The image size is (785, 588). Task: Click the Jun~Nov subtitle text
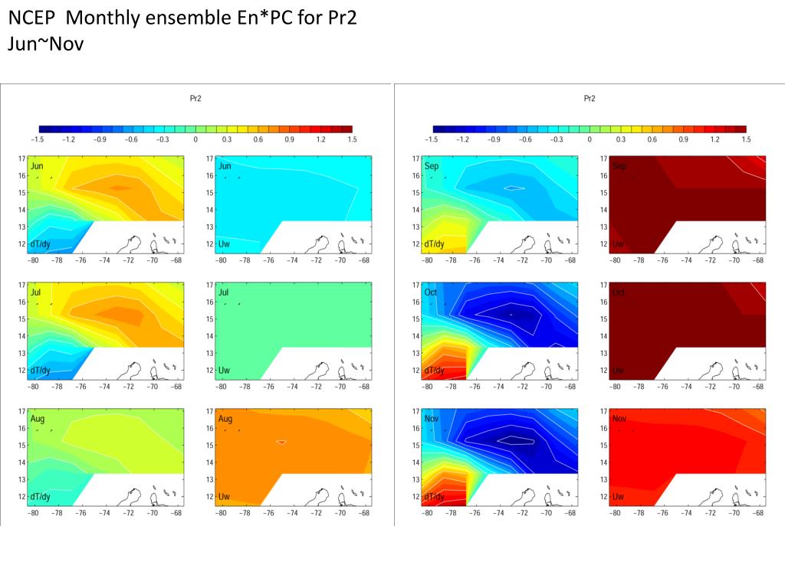tap(45, 44)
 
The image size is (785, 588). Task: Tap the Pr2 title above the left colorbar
tap(195, 98)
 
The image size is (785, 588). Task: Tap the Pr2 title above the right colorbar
tap(590, 98)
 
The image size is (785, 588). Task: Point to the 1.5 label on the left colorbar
tap(352, 139)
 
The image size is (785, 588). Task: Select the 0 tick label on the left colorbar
tap(195, 139)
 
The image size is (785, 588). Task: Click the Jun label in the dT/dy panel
tap(37, 166)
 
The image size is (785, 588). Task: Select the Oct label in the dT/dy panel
tap(431, 293)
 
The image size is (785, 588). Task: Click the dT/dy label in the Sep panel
tap(434, 243)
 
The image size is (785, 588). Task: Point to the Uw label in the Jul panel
tap(225, 371)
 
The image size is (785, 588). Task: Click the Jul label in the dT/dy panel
tap(36, 293)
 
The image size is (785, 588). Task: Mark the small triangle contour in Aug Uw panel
tap(282, 443)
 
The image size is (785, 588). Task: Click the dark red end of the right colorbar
tap(741, 129)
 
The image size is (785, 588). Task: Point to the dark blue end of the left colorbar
tap(44, 129)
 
